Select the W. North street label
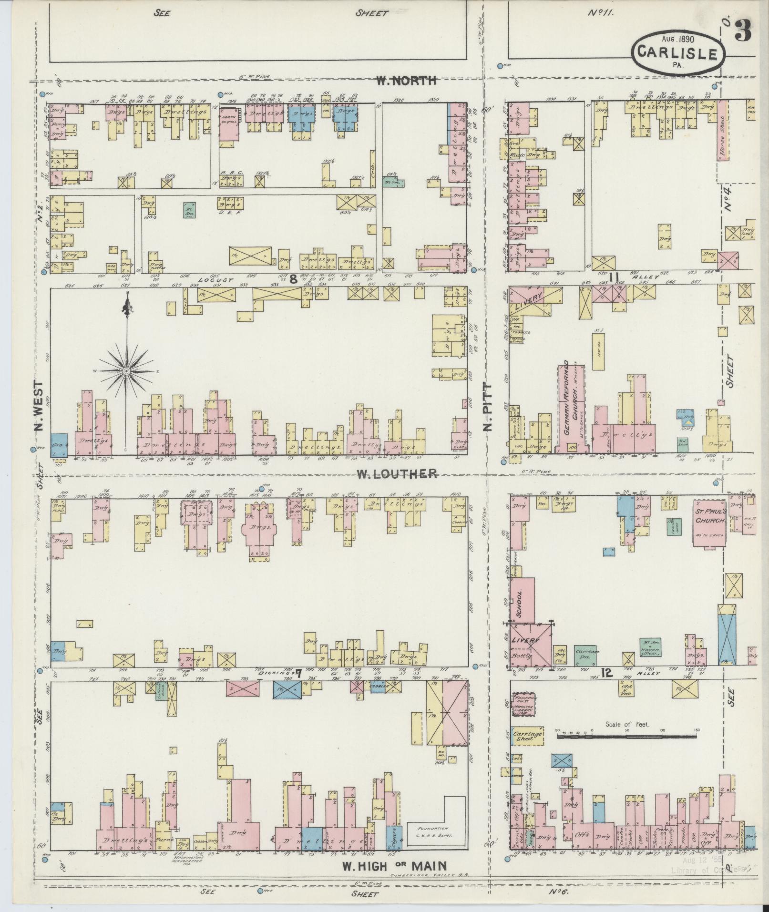pos(406,81)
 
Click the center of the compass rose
pos(127,370)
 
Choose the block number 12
pos(606,673)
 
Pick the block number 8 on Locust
pos(293,279)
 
